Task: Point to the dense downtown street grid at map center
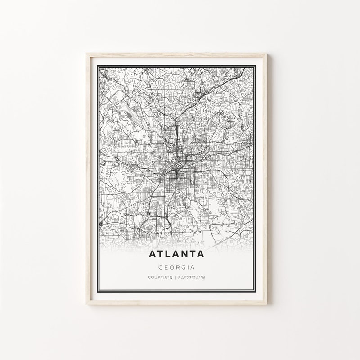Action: tap(180, 157)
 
